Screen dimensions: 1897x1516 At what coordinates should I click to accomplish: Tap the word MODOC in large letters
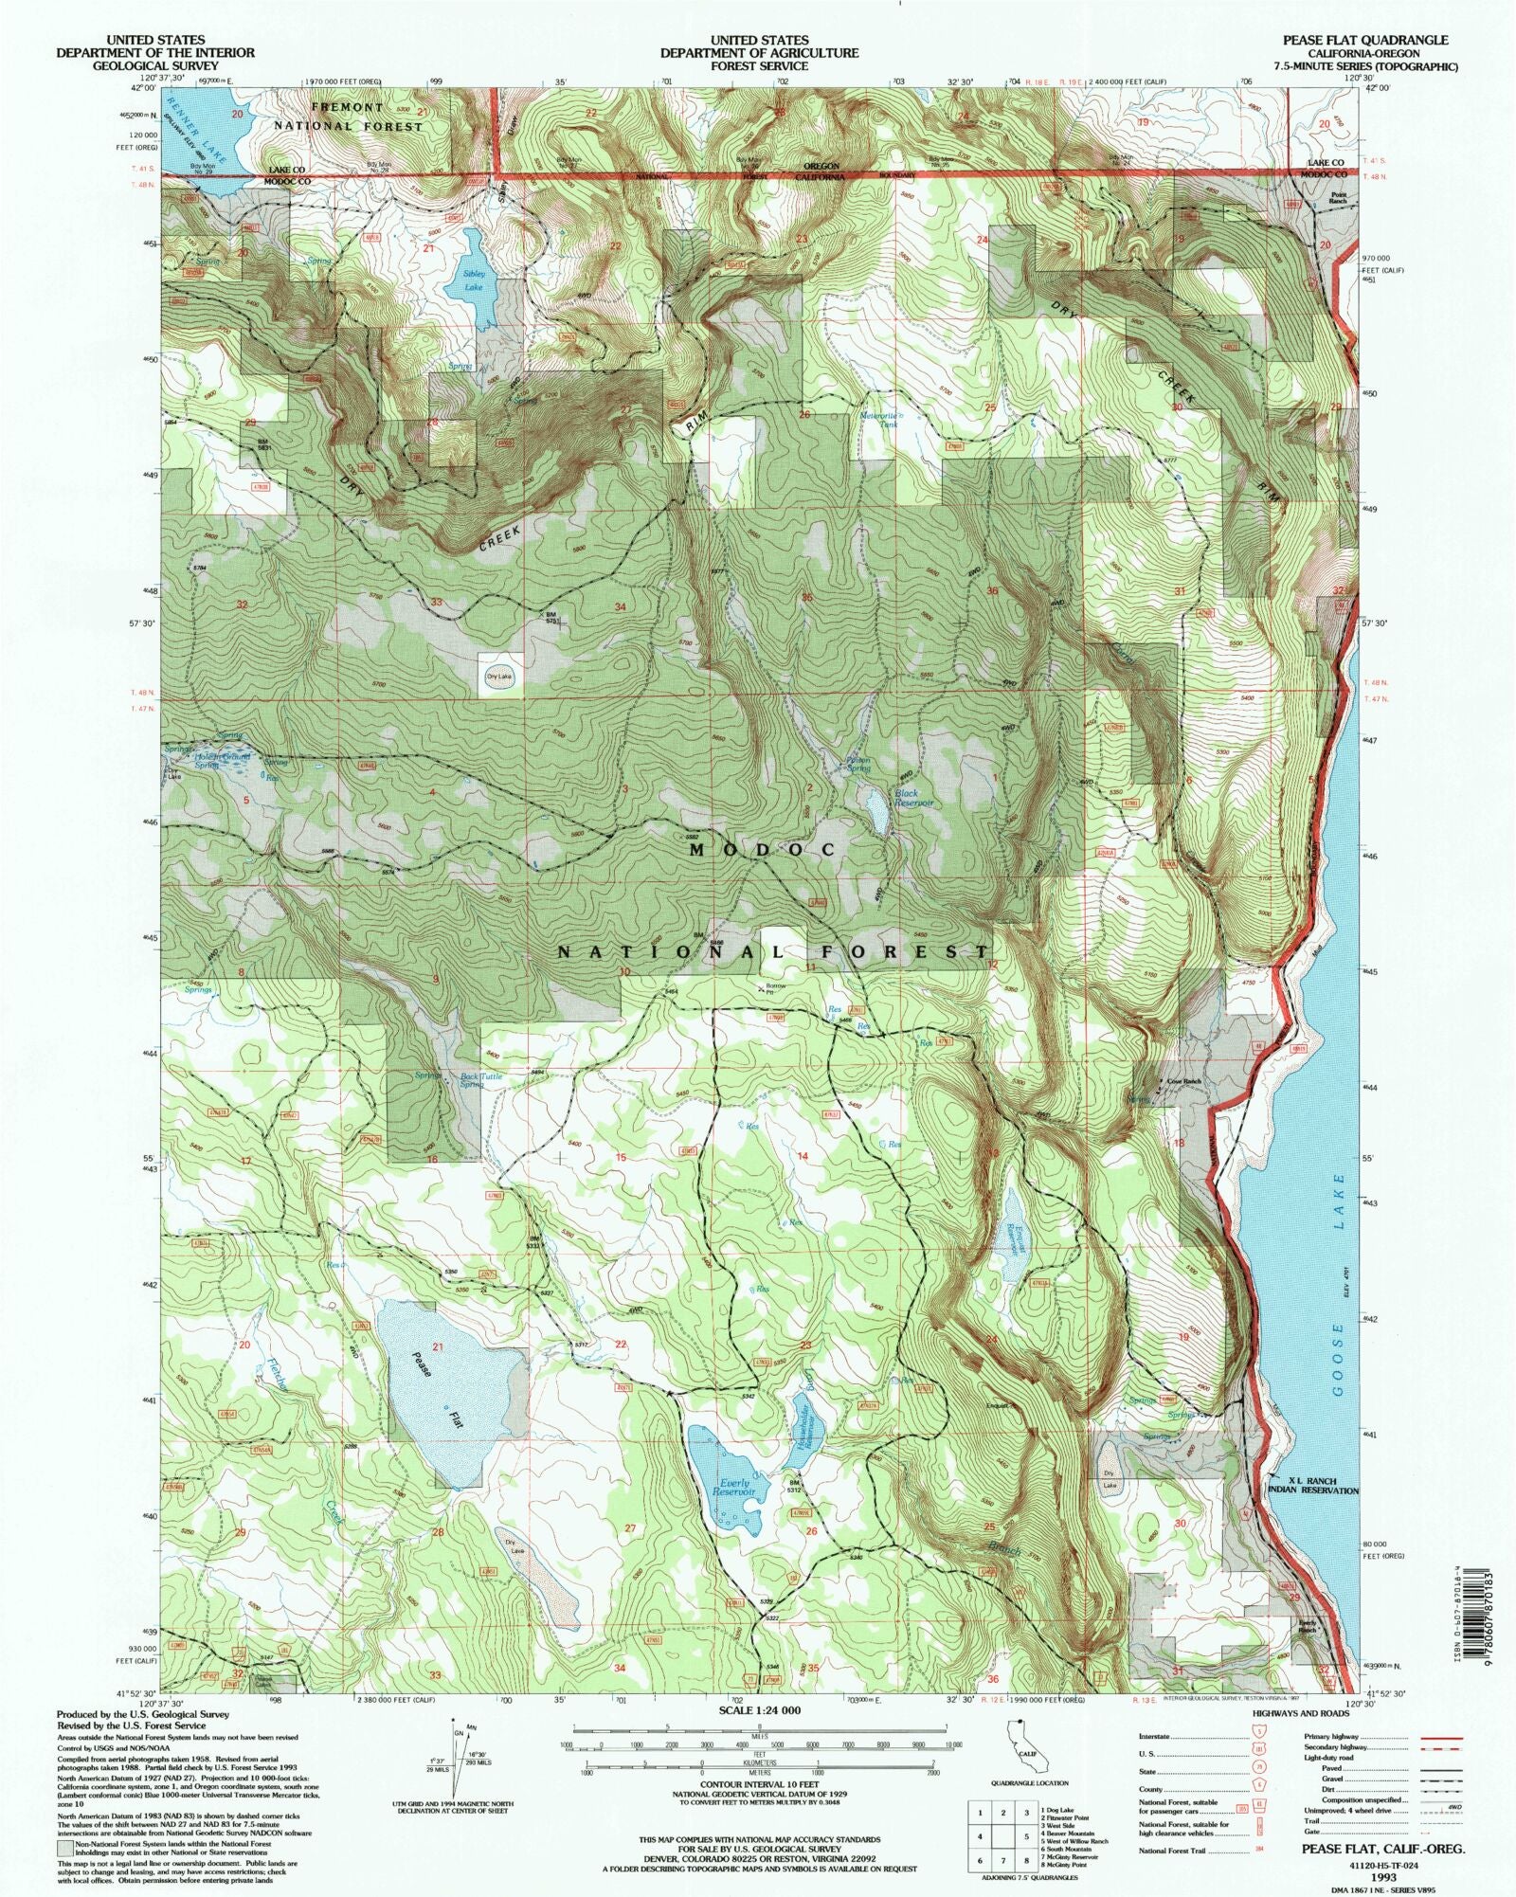pyautogui.click(x=762, y=850)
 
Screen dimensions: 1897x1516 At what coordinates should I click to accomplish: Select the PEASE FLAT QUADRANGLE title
pyautogui.click(x=1364, y=40)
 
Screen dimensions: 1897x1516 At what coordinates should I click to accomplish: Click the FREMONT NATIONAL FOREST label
pyautogui.click(x=348, y=117)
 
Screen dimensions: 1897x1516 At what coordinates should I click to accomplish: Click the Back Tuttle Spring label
pyautogui.click(x=480, y=1080)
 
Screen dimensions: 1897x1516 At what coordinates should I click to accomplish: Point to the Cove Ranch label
pyautogui.click(x=1183, y=1081)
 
